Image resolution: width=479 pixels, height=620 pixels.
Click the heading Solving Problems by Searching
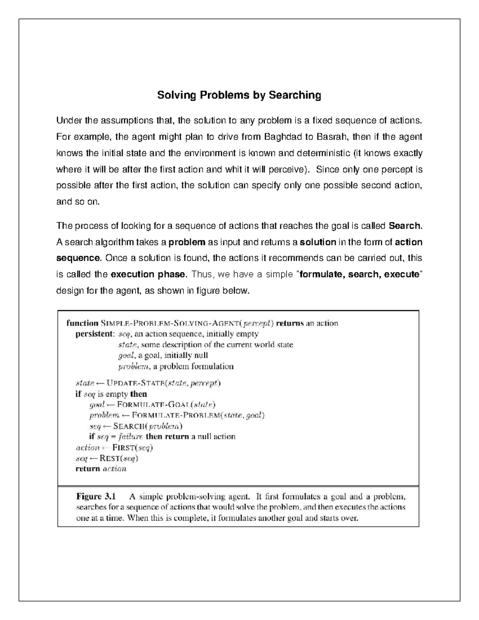click(239, 95)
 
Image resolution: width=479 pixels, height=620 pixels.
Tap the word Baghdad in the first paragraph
click(282, 137)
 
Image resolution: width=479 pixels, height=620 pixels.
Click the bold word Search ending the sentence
click(404, 226)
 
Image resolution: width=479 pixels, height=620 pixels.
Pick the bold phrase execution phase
click(148, 275)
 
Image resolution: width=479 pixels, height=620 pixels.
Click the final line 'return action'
click(101, 469)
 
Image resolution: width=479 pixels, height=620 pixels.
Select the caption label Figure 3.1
click(96, 497)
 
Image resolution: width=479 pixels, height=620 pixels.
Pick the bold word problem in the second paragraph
click(187, 242)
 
